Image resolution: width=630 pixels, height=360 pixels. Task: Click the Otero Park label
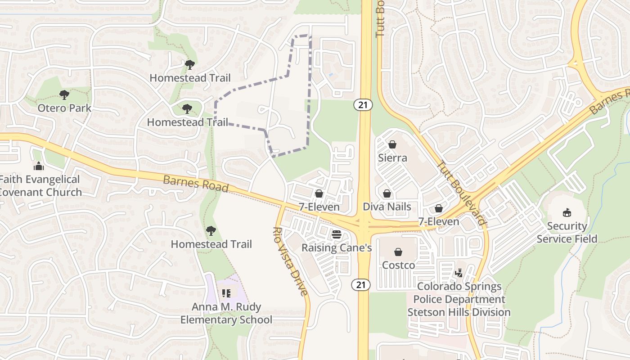click(x=64, y=108)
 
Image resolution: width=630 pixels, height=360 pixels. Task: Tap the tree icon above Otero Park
click(x=64, y=95)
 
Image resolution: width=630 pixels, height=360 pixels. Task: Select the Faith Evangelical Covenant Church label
click(x=40, y=186)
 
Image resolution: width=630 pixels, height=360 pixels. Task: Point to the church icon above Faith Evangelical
click(x=39, y=166)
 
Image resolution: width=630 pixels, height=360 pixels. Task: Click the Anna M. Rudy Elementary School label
click(x=226, y=314)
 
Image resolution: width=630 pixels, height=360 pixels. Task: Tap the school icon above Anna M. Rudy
click(x=226, y=293)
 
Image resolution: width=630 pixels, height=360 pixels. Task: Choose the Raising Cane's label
click(x=336, y=248)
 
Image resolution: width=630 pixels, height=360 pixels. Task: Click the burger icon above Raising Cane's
click(x=336, y=234)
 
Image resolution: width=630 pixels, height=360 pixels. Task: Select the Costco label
click(x=398, y=265)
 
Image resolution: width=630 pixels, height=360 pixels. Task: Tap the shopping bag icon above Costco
click(x=398, y=252)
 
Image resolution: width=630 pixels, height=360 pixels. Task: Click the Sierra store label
click(x=392, y=158)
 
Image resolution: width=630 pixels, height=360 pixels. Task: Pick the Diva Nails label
click(x=387, y=207)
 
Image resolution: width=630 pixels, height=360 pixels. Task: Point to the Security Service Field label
click(x=567, y=233)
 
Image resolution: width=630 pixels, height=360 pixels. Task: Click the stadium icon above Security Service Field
click(x=567, y=213)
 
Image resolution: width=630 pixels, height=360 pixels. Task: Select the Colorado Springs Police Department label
click(x=459, y=299)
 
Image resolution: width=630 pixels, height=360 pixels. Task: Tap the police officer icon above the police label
click(x=459, y=273)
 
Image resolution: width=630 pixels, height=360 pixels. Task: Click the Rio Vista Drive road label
click(x=291, y=261)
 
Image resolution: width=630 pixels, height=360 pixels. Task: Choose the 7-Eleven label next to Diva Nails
click(x=439, y=221)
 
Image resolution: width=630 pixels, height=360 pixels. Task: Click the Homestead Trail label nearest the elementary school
click(x=211, y=244)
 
